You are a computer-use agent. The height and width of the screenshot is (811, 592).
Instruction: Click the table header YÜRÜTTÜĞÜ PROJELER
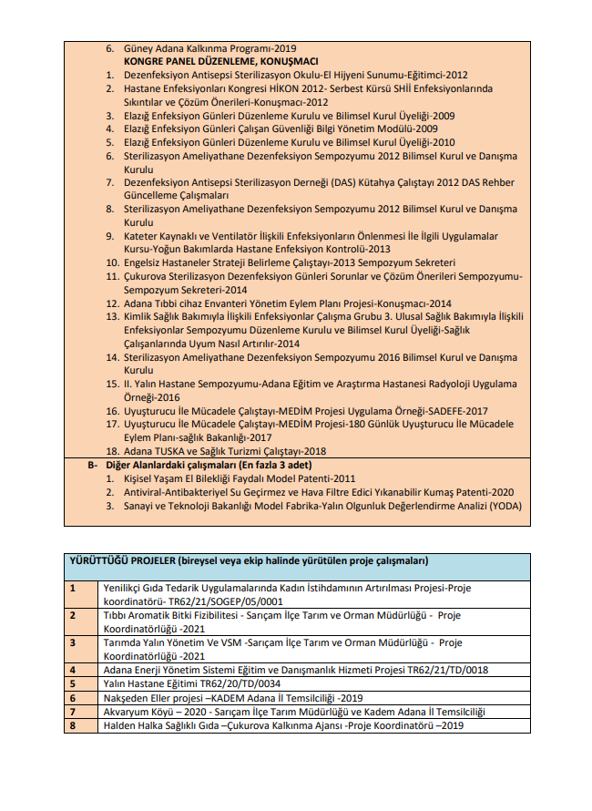pyautogui.click(x=123, y=559)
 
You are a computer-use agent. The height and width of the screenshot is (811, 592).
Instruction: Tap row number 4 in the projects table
pyautogui.click(x=73, y=670)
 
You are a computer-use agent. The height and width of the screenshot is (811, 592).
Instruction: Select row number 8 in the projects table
pyautogui.click(x=73, y=725)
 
